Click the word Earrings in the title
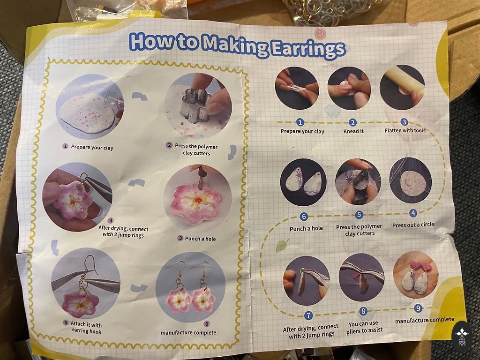(x=308, y=49)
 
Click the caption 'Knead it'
(x=353, y=131)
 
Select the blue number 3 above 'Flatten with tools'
(x=405, y=122)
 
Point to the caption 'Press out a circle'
(x=413, y=225)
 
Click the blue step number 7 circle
(x=308, y=315)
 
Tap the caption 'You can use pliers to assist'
(x=364, y=327)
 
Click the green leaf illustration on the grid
(x=282, y=246)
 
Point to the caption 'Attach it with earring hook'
(x=86, y=327)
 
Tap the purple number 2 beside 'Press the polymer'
(x=169, y=145)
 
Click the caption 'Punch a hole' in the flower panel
(x=200, y=239)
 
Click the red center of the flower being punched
(x=199, y=200)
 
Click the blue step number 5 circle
(x=359, y=215)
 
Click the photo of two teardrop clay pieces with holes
(x=303, y=182)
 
